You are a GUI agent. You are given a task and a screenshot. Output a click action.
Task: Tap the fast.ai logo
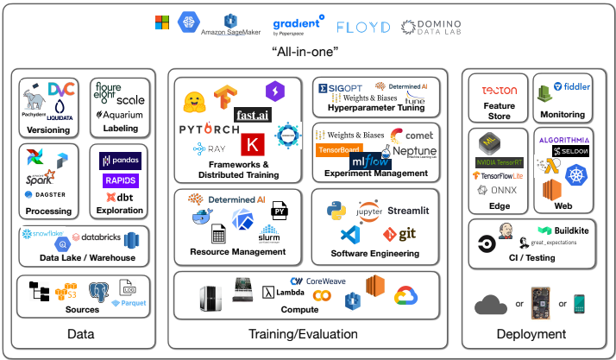pyautogui.click(x=255, y=114)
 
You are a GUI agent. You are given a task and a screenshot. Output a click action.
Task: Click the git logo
pyautogui.click(x=399, y=234)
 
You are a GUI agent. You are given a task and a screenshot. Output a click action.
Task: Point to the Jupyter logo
pyautogui.click(x=368, y=212)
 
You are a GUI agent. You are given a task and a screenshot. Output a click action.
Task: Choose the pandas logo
pyautogui.click(x=120, y=160)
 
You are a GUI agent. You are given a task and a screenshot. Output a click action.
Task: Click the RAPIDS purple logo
pyautogui.click(x=119, y=180)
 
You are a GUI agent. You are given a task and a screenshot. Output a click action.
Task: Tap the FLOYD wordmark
pyautogui.click(x=363, y=27)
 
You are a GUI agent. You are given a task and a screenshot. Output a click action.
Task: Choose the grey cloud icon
pyautogui.click(x=491, y=304)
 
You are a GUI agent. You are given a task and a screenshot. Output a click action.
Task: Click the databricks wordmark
pyautogui.click(x=93, y=237)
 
